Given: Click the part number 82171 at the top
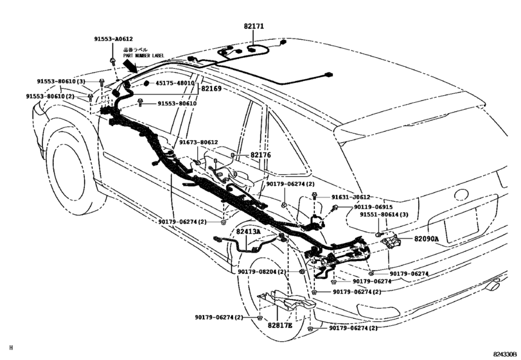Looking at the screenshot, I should [254, 27].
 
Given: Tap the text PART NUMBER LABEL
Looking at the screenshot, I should [145, 56].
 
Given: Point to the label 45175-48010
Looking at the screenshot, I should [173, 83].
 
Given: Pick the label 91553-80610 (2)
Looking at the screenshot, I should [50, 96].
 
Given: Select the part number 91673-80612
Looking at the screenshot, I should [199, 142].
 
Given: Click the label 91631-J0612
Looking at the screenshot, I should [351, 197].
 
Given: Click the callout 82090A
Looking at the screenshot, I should [425, 239].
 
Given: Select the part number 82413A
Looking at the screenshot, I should [248, 231].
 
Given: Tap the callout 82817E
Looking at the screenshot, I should [279, 327].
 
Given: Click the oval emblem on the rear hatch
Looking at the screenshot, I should [461, 195].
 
